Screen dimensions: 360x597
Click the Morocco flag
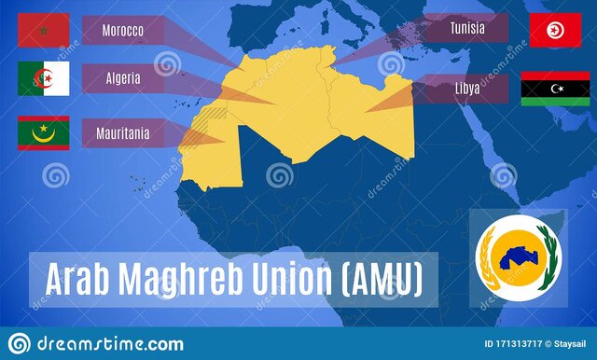pyautogui.click(x=43, y=31)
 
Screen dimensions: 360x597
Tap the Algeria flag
pyautogui.click(x=43, y=79)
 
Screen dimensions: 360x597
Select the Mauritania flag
pyautogui.click(x=43, y=133)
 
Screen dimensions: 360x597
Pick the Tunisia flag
pyautogui.click(x=555, y=31)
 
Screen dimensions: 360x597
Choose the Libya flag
pyautogui.click(x=555, y=88)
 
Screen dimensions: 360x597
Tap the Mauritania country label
pyautogui.click(x=122, y=133)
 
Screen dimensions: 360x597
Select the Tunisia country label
pyautogui.click(x=466, y=28)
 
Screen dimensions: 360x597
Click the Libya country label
pyautogui.click(x=466, y=88)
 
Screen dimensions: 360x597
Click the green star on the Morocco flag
pyautogui.click(x=43, y=32)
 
